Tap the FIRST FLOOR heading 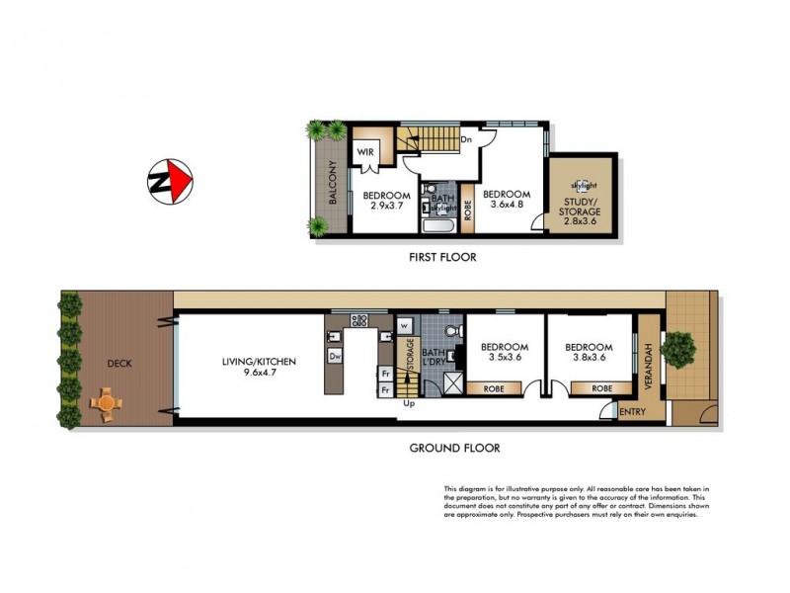(x=442, y=257)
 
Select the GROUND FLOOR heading (x=454, y=448)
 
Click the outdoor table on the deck (x=106, y=401)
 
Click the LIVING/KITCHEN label (x=260, y=362)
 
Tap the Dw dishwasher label (x=336, y=356)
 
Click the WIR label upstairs (x=364, y=152)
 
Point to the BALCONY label (x=334, y=183)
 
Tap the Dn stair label (x=465, y=140)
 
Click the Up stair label (x=406, y=403)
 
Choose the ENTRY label (x=628, y=411)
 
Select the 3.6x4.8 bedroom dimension (x=505, y=207)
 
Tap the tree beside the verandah (x=679, y=347)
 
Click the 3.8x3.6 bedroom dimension (x=589, y=360)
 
